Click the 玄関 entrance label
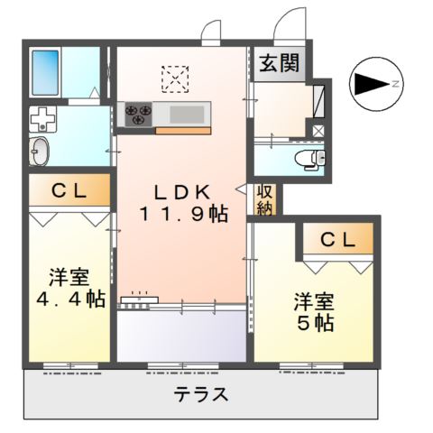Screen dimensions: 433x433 tap(281, 63)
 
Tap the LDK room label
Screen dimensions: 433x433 tap(180, 192)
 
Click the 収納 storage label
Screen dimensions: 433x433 tap(264, 199)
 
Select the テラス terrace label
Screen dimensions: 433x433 tap(200, 395)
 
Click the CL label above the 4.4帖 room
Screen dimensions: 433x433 tap(68, 190)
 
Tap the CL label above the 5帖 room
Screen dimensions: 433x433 tap(336, 239)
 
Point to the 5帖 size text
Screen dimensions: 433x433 tap(313, 321)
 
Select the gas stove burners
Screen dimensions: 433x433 tap(138, 114)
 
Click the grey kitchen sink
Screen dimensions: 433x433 tap(187, 114)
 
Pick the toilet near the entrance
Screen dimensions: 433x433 tap(311, 160)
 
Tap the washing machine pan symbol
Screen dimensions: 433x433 tap(41, 118)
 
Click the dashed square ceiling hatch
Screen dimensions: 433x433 tap(176, 78)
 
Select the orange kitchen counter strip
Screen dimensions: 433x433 tap(182, 131)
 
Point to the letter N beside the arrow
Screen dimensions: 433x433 tap(396, 84)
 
